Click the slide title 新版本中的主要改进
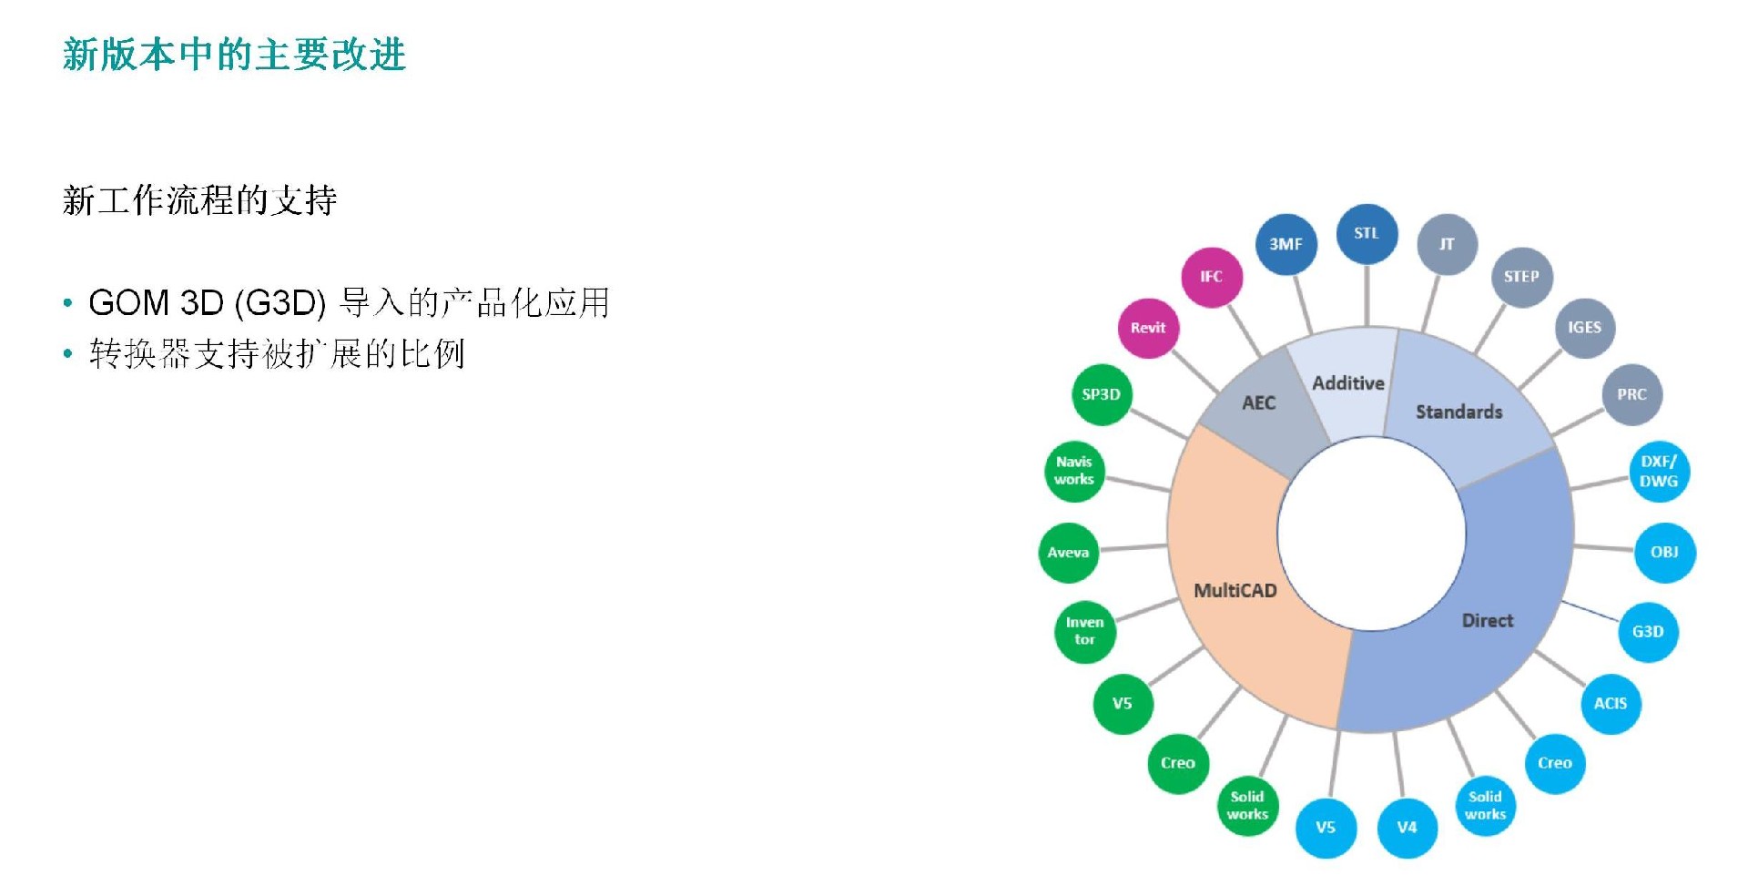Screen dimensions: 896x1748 pyautogui.click(x=234, y=55)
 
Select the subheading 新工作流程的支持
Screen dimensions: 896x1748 pyautogui.click(x=199, y=200)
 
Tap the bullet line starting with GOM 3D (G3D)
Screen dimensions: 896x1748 pyautogui.click(x=349, y=302)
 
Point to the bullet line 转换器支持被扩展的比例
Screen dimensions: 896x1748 pyautogui.click(x=277, y=353)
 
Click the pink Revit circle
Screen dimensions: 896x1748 pyautogui.click(x=1148, y=328)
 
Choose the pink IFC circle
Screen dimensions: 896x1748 pyautogui.click(x=1211, y=277)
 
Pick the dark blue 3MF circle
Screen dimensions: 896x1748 pyautogui.click(x=1286, y=244)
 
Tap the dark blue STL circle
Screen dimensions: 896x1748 pyautogui.click(x=1367, y=233)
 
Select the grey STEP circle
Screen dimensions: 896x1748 pyautogui.click(x=1521, y=277)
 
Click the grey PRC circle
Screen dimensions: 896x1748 pyautogui.click(x=1631, y=394)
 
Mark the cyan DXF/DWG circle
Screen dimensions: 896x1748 pyautogui.click(x=1659, y=472)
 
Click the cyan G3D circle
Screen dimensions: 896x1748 pyautogui.click(x=1648, y=631)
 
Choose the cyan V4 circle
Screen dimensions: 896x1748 pyautogui.click(x=1407, y=827)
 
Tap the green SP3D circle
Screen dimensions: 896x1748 pyautogui.click(x=1101, y=394)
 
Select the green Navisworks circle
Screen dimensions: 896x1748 pyautogui.click(x=1074, y=471)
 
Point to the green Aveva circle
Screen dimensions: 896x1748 pyautogui.click(x=1068, y=553)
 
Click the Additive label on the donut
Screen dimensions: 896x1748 pyautogui.click(x=1348, y=383)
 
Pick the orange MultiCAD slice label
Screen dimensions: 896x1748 pyautogui.click(x=1235, y=590)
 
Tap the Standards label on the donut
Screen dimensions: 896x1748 pyautogui.click(x=1458, y=412)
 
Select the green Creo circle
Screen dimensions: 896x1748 pyautogui.click(x=1178, y=763)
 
